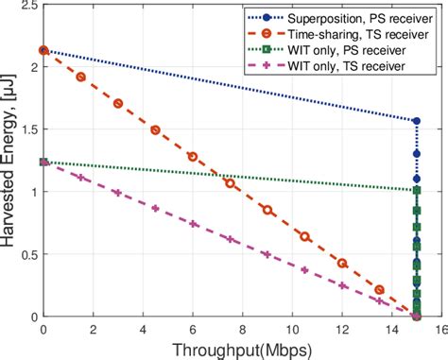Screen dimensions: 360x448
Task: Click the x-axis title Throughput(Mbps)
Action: (244, 349)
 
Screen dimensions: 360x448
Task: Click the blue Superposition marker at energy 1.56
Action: (416, 121)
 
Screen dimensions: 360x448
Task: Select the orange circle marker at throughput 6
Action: (192, 156)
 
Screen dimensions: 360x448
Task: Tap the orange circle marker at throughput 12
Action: (341, 263)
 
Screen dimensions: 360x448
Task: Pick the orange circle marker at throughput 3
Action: (117, 103)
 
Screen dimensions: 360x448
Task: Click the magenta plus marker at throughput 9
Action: (267, 254)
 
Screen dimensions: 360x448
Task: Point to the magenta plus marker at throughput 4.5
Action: (155, 208)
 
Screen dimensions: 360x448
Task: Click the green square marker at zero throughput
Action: (43, 163)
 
